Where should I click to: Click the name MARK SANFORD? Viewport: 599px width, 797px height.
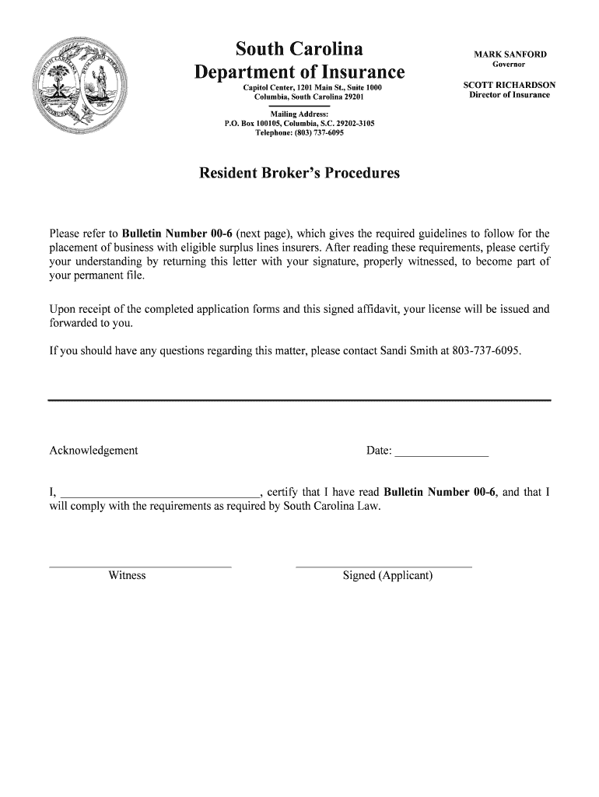(510, 54)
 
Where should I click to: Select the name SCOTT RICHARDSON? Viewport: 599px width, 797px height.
(510, 84)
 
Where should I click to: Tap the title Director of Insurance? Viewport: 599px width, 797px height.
(510, 95)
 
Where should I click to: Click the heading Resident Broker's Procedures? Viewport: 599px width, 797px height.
(299, 173)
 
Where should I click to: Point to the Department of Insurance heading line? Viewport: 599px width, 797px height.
(299, 72)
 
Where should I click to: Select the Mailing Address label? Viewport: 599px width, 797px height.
(299, 114)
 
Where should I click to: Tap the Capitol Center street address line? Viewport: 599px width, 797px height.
(313, 88)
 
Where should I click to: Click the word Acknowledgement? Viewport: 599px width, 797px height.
(93, 451)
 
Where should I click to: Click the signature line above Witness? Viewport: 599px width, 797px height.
(140, 566)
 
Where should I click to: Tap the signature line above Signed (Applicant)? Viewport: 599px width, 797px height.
(384, 566)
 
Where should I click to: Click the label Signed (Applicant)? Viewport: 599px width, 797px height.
(387, 576)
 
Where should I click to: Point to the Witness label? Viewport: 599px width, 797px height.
(128, 576)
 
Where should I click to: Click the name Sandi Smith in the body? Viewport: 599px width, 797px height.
(408, 351)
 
